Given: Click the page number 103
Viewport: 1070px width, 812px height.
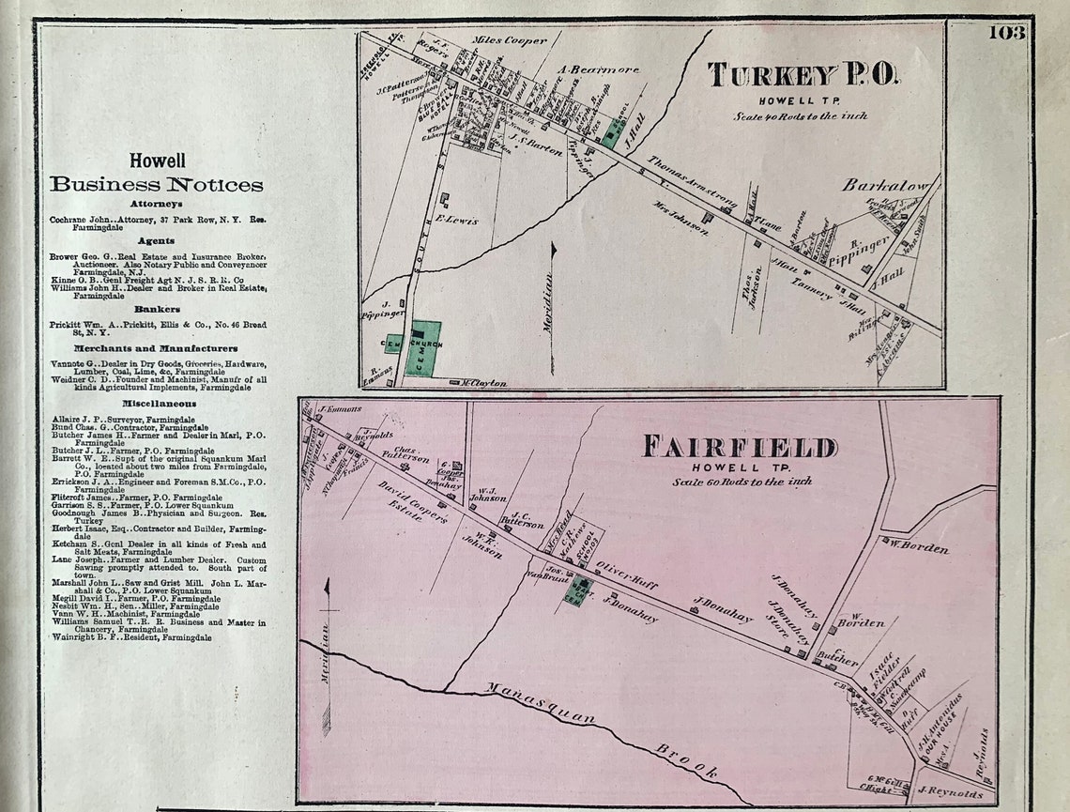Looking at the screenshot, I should (x=1006, y=33).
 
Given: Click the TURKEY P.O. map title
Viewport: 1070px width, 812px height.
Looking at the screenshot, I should (x=802, y=75).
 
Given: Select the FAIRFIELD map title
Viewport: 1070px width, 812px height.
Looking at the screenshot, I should (x=740, y=447).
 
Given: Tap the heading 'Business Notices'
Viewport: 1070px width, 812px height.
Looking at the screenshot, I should (x=157, y=184).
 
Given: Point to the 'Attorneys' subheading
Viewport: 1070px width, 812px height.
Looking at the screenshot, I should (x=157, y=204).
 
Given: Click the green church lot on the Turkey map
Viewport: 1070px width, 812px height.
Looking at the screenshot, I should (x=421, y=348).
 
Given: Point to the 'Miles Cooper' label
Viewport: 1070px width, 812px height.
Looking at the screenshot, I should (x=510, y=41).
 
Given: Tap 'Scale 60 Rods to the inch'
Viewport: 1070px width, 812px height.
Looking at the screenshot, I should (x=741, y=482).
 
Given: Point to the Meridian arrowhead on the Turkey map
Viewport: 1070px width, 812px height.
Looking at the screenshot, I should (x=553, y=249).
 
